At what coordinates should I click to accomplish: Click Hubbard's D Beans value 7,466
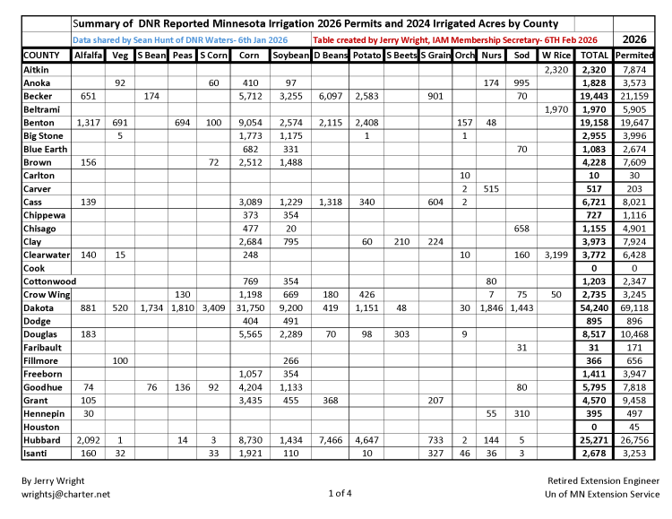click(329, 440)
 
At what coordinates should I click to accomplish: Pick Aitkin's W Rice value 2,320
click(556, 70)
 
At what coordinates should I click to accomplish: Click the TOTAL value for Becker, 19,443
click(594, 96)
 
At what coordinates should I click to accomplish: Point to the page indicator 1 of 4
click(340, 493)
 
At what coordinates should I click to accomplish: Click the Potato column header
click(366, 56)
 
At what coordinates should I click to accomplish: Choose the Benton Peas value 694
click(182, 123)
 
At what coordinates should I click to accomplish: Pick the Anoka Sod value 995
click(521, 82)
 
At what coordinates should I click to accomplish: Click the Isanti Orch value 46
click(464, 454)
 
